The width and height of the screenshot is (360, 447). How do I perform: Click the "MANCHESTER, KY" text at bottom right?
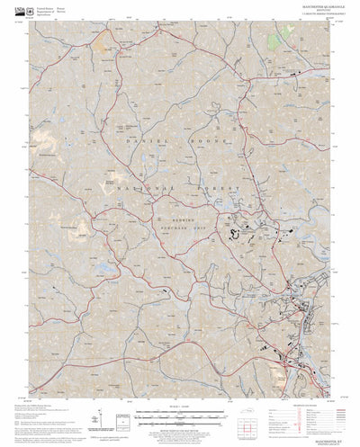tap(320, 416)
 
